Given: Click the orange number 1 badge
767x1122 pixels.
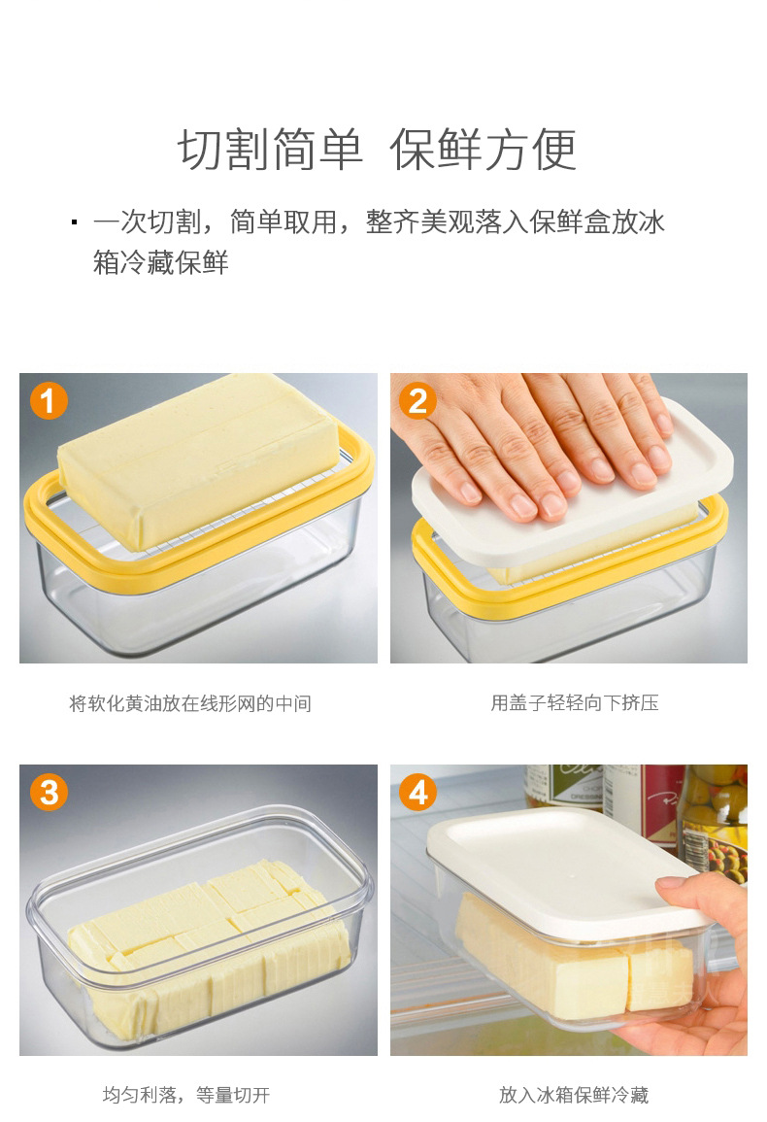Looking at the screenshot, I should tap(50, 400).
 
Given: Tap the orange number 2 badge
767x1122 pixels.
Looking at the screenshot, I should tap(418, 400).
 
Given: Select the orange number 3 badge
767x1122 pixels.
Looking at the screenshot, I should tap(50, 792).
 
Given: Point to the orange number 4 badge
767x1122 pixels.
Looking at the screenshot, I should tap(418, 792).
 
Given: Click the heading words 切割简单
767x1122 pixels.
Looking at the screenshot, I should tap(271, 150).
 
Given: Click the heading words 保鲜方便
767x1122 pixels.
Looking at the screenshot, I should tap(484, 150).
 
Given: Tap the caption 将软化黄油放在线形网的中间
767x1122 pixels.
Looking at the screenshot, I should tap(190, 703).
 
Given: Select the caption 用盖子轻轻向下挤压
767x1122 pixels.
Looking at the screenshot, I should tap(574, 703).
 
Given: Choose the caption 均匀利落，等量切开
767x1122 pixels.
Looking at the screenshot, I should tap(186, 1095).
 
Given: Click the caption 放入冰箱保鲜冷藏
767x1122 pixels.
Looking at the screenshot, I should tap(574, 1095).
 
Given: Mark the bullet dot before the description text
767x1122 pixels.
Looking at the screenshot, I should tap(74, 222).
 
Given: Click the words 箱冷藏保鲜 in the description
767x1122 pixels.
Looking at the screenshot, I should tap(160, 262).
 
